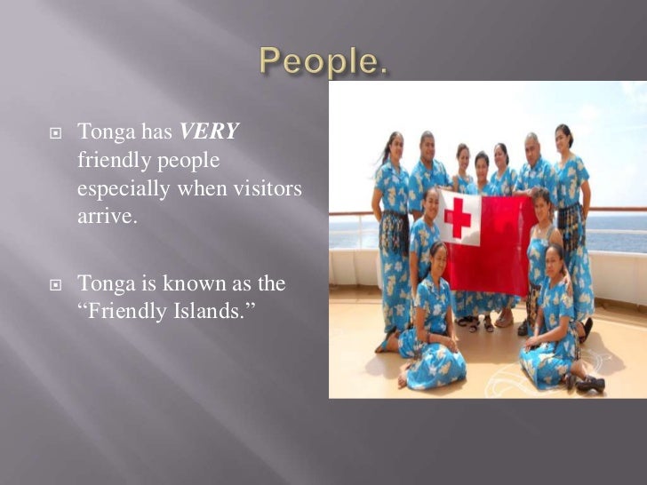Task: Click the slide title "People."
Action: (x=323, y=61)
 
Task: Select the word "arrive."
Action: (x=108, y=217)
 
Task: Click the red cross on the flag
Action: (x=458, y=218)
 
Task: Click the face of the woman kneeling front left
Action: (x=438, y=256)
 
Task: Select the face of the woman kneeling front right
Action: (x=554, y=258)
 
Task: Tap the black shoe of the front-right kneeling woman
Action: (x=591, y=385)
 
